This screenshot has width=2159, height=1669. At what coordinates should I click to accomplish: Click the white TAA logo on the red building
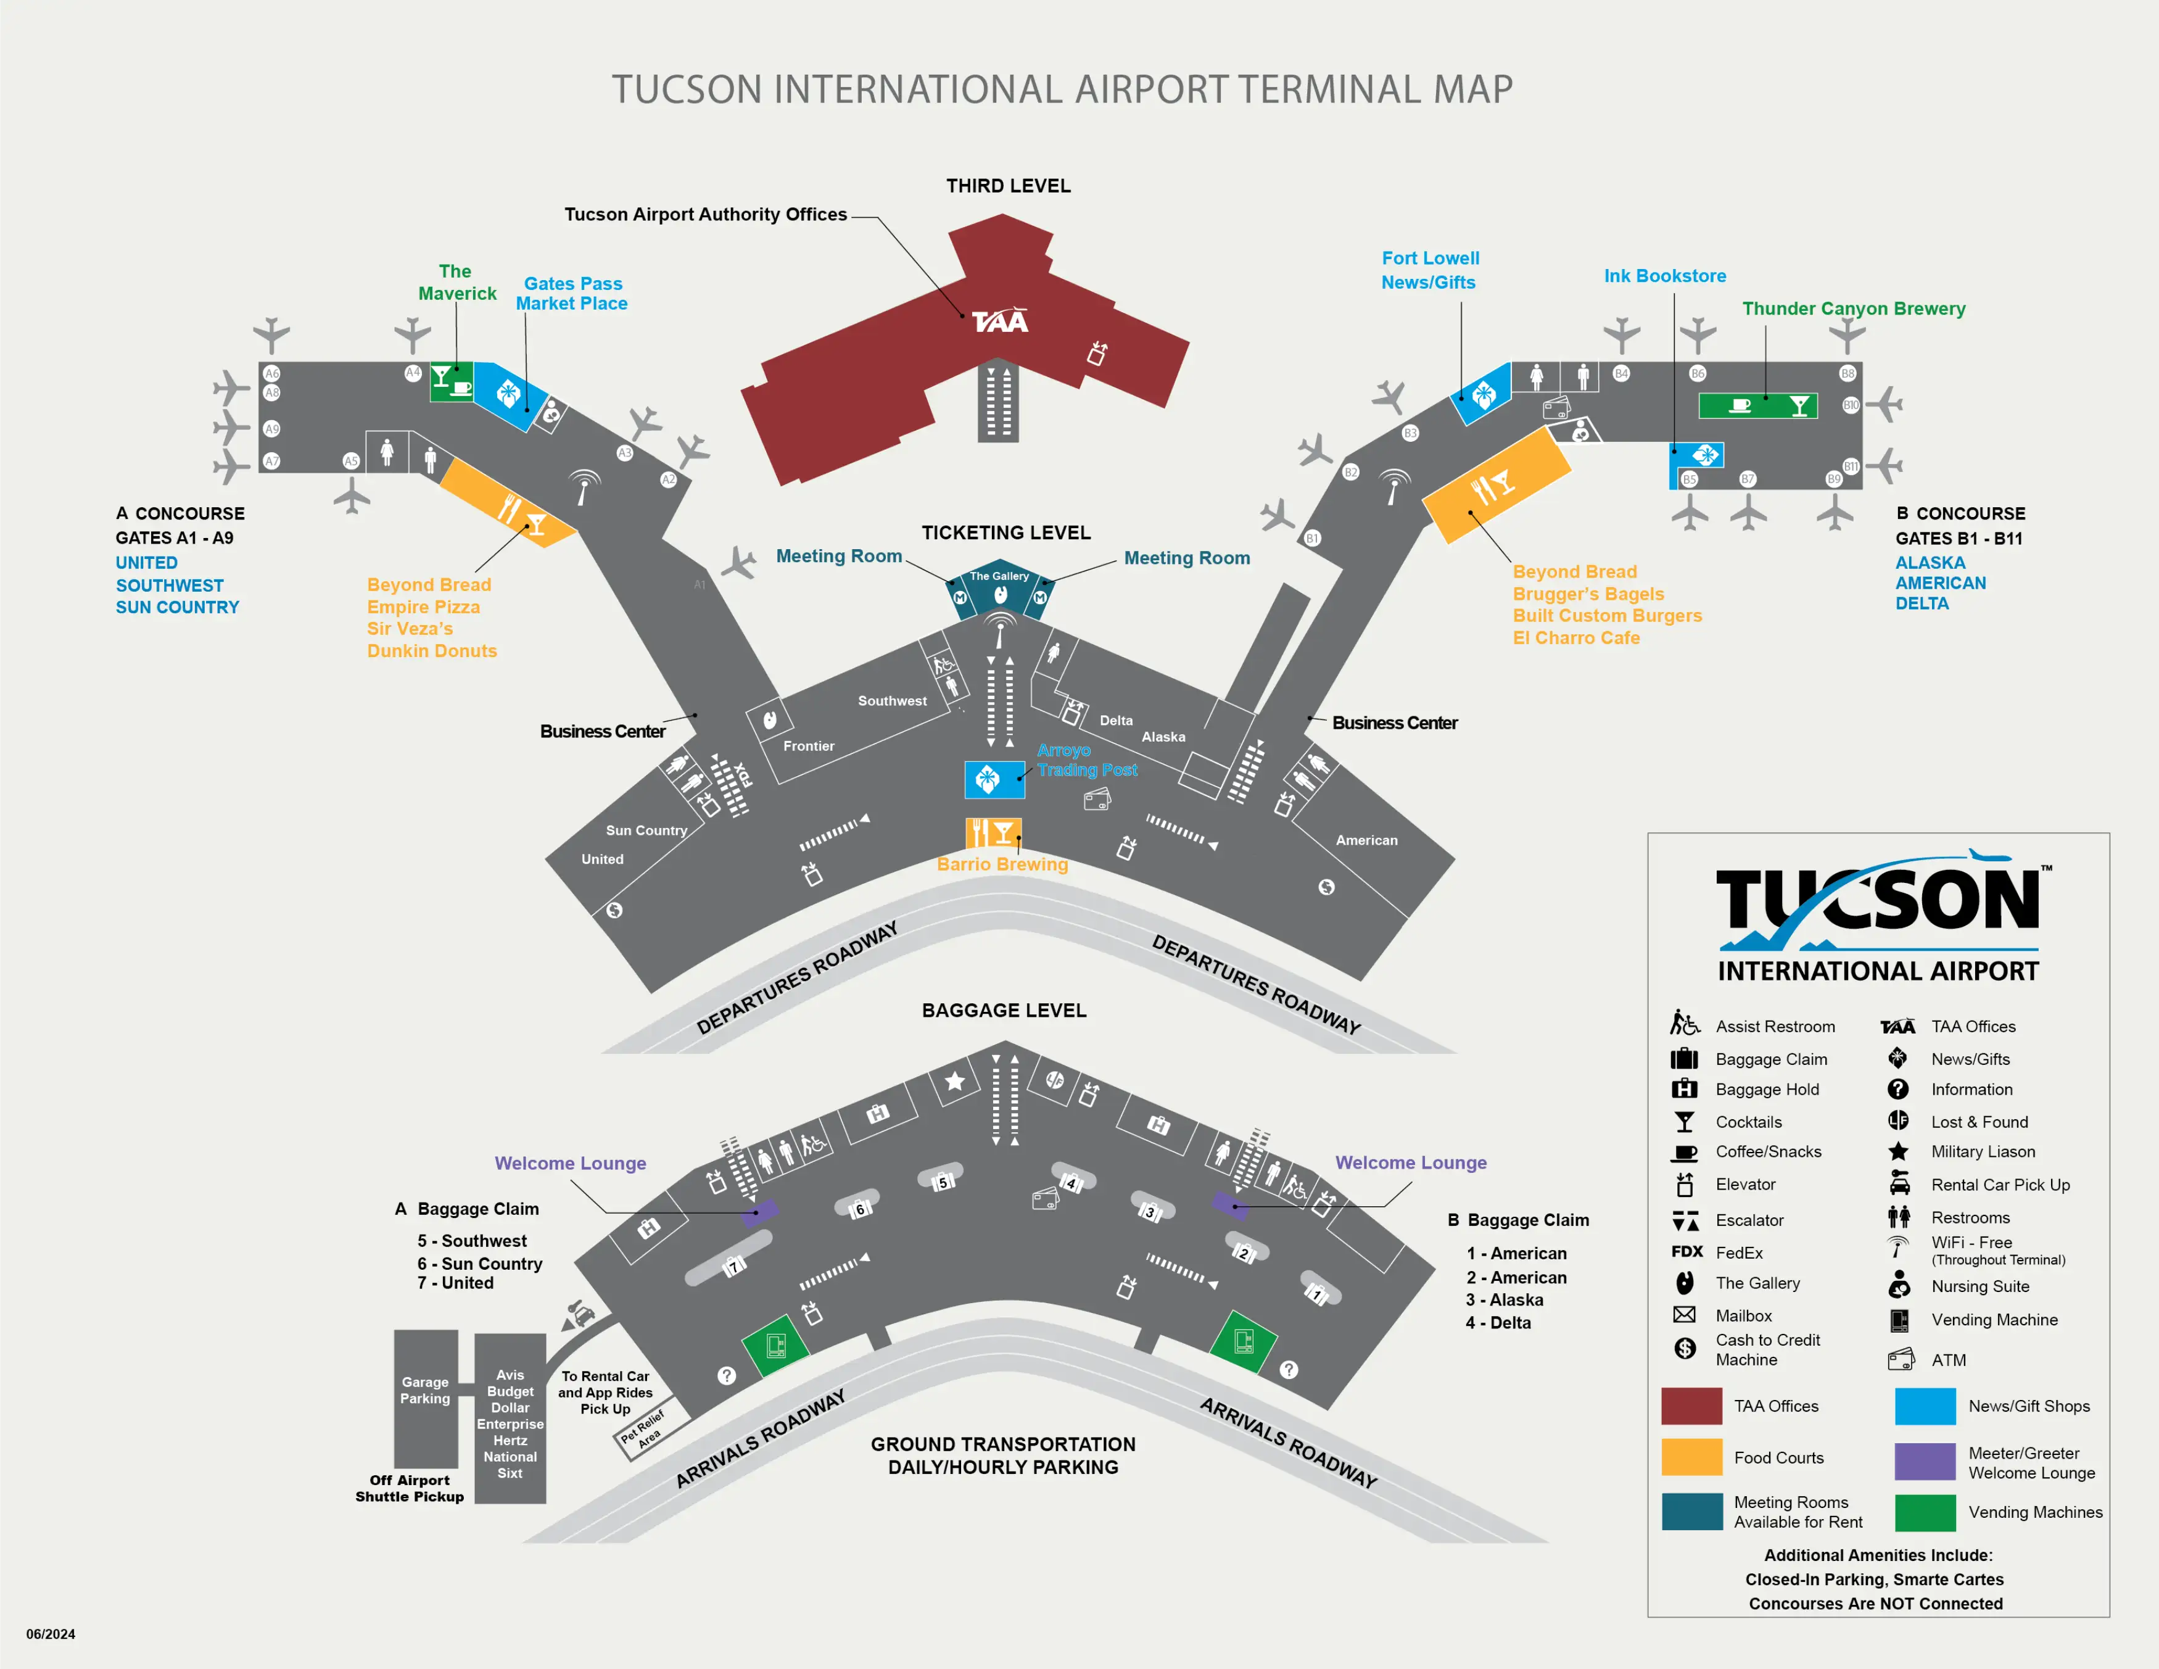[x=999, y=321]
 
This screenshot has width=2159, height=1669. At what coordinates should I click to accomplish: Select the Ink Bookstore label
[x=1665, y=276]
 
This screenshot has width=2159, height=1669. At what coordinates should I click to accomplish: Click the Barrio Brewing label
[x=1002, y=864]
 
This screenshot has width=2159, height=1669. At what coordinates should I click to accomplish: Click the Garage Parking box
[x=425, y=1397]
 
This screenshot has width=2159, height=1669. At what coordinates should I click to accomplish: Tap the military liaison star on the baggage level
[x=954, y=1082]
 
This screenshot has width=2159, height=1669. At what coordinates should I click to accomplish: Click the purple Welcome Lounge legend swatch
[x=1925, y=1461]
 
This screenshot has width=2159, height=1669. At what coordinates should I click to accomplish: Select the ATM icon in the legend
[x=1900, y=1359]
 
